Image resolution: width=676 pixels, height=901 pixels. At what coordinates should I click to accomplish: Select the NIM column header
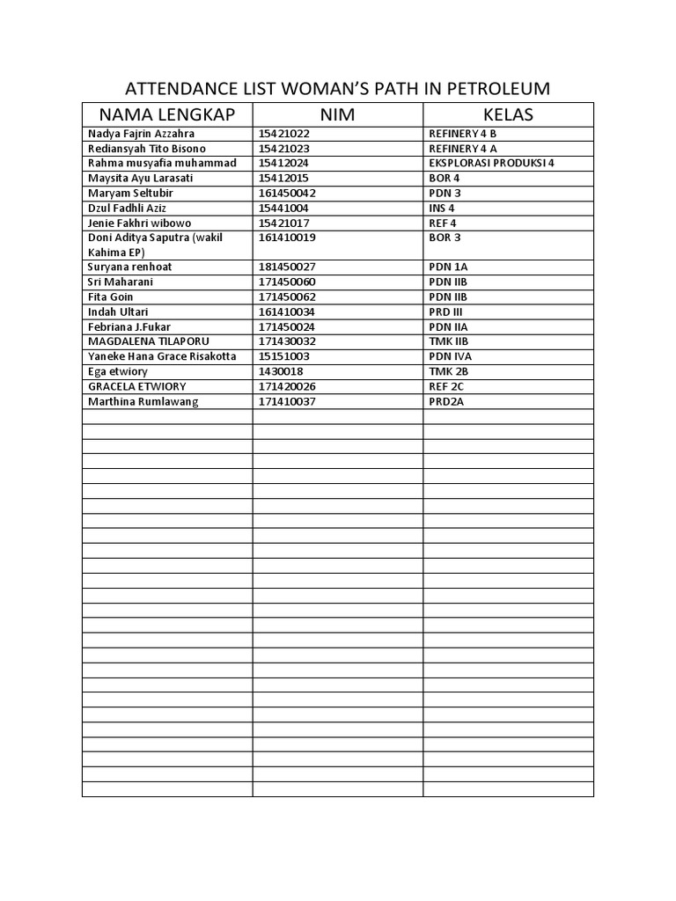click(338, 114)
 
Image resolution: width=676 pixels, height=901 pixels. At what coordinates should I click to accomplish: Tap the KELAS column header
click(508, 114)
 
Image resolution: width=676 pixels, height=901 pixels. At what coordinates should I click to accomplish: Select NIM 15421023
click(284, 148)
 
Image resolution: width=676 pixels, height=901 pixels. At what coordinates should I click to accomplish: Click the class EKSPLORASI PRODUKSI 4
click(491, 163)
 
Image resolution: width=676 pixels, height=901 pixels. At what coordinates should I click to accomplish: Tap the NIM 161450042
click(287, 193)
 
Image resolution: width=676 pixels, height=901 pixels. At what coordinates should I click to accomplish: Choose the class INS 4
click(442, 208)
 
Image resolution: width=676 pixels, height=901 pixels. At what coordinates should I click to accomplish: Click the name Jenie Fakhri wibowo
click(139, 223)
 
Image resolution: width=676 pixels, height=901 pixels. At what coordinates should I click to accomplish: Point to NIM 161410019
click(287, 238)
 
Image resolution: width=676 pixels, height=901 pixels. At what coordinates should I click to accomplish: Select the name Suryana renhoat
click(129, 267)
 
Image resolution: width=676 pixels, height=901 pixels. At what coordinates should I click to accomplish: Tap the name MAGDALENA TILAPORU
click(149, 341)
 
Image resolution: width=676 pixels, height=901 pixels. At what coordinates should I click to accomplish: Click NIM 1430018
click(281, 371)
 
